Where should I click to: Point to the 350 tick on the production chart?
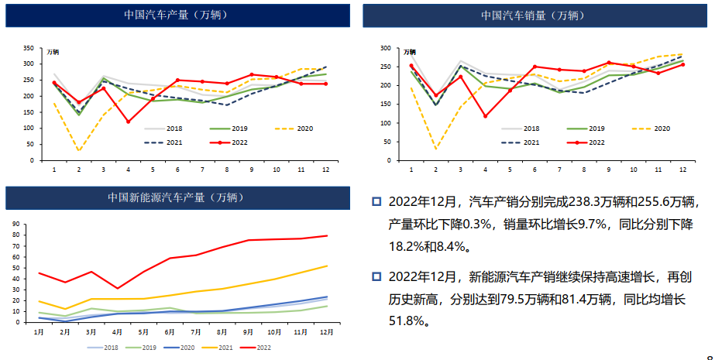[28, 47]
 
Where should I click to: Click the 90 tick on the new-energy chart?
[16, 224]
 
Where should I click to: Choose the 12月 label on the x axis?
[326, 331]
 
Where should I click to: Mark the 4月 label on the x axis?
[118, 331]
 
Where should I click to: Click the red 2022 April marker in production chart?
[128, 122]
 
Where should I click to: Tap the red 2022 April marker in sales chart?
[485, 116]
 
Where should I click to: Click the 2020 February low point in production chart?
[78, 151]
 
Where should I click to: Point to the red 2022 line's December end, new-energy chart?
[326, 235]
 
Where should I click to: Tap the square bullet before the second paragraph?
[376, 276]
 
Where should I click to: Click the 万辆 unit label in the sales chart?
[410, 52]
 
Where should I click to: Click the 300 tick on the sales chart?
[385, 48]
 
